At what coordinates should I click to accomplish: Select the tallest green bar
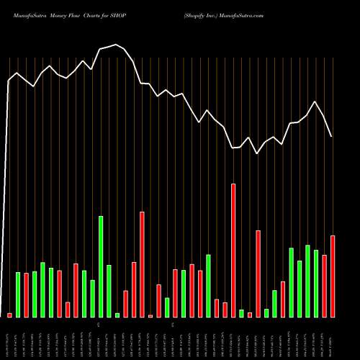pyautogui.click(x=101, y=266)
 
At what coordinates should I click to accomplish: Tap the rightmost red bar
pyautogui.click(x=333, y=276)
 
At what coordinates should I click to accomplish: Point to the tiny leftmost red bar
pyautogui.click(x=9, y=315)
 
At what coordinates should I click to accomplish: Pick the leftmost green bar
pyautogui.click(x=18, y=294)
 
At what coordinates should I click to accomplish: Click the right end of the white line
pyautogui.click(x=331, y=136)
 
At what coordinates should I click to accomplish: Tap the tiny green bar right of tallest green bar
pyautogui.click(x=117, y=315)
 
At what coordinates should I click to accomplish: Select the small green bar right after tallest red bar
pyautogui.click(x=242, y=313)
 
